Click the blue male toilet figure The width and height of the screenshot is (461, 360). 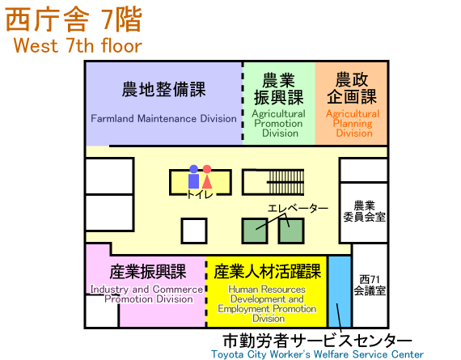[x=194, y=177]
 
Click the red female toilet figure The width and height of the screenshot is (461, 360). [x=207, y=177]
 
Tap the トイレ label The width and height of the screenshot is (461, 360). [x=200, y=194]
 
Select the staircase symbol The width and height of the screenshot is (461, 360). [x=285, y=182]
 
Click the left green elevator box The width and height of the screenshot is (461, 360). [x=255, y=231]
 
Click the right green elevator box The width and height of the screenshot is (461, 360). [x=291, y=231]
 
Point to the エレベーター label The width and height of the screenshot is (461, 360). [x=298, y=208]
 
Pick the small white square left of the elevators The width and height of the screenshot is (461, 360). [x=194, y=231]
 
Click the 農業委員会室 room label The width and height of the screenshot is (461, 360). [x=364, y=211]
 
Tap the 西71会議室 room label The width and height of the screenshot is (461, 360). [x=370, y=285]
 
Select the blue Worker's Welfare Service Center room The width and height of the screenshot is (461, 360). [x=340, y=291]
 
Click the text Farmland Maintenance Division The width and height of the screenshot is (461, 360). [x=163, y=119]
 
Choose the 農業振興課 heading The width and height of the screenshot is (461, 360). [x=278, y=89]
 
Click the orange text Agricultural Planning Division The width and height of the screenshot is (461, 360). [x=353, y=123]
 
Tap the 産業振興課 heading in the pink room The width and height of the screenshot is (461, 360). [x=148, y=272]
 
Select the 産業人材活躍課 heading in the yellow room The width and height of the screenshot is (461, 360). [x=267, y=272]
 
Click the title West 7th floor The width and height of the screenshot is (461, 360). [x=78, y=45]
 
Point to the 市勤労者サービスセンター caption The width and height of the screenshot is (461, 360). [x=317, y=341]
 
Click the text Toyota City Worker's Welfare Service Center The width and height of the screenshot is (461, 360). [x=317, y=354]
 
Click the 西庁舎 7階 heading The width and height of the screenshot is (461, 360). [x=74, y=19]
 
